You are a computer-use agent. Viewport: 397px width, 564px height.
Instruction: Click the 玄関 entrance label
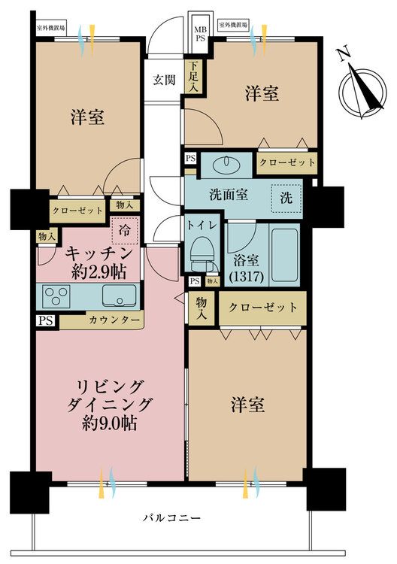164,80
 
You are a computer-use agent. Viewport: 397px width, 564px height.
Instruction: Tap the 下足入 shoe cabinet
193,76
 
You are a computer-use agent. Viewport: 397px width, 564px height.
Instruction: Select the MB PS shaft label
200,33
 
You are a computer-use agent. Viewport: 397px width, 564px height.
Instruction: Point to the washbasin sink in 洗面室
226,165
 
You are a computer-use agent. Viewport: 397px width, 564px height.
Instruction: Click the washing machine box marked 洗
286,199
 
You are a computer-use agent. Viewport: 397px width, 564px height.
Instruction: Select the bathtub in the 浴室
284,255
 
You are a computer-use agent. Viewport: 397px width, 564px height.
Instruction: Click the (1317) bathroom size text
247,276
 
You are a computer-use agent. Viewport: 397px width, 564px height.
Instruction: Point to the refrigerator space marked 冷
124,231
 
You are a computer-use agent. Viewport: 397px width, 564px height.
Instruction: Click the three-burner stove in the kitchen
56,296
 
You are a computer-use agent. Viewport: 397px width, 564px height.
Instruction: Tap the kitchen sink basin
120,296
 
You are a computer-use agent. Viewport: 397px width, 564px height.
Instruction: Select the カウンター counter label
114,320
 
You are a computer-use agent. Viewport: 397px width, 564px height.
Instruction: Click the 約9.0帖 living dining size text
109,423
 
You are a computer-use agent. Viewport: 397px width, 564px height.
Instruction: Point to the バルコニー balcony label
172,518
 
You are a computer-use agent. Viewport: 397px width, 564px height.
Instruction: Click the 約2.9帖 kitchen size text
98,273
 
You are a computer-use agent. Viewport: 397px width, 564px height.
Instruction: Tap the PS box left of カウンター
46,320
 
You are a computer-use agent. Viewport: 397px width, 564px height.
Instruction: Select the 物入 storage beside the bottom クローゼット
202,308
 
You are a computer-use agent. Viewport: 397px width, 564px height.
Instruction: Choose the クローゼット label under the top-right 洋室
287,162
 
